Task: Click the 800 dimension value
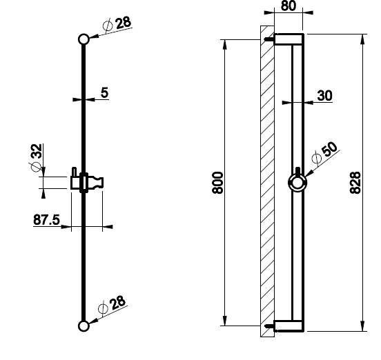tap(217, 183)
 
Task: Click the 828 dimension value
tap(355, 183)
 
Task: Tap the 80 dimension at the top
tap(289, 6)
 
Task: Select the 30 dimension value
tap(324, 95)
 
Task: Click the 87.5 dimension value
tap(46, 220)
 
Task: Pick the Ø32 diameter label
tap(37, 158)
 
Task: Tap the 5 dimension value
tap(104, 92)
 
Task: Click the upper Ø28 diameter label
tap(117, 25)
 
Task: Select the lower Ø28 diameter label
tap(112, 304)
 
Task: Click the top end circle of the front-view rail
tap(84, 39)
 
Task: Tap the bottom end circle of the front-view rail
tap(84, 326)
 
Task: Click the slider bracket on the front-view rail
tap(87, 182)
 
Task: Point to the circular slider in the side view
tap(297, 183)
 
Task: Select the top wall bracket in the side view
tap(289, 39)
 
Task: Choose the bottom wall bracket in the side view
tap(289, 326)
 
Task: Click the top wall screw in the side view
tap(269, 39)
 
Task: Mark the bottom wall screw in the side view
tap(269, 326)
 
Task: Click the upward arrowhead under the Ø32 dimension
tap(43, 194)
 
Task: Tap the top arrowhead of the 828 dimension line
tap(362, 39)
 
